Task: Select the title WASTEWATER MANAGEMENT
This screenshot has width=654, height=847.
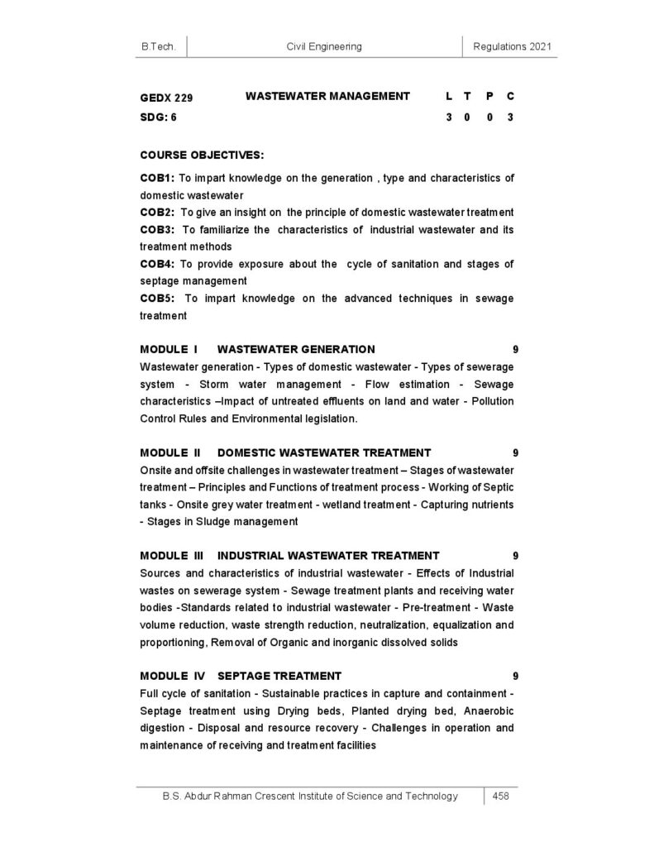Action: pos(327,96)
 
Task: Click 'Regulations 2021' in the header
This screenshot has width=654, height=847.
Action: pos(513,47)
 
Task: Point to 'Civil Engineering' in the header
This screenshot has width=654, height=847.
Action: pos(323,47)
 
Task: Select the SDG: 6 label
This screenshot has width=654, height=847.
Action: pos(158,117)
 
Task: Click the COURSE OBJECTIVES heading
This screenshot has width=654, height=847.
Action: pos(202,155)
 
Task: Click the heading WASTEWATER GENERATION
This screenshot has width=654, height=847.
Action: pos(296,349)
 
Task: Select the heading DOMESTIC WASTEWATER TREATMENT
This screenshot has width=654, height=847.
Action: pos(323,452)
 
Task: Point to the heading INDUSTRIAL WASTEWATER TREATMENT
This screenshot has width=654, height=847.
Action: pos(328,555)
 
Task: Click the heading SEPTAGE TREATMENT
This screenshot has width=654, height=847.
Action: pos(279,675)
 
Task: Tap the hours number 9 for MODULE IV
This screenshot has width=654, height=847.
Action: pos(515,675)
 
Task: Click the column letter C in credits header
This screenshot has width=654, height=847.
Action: pos(511,97)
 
